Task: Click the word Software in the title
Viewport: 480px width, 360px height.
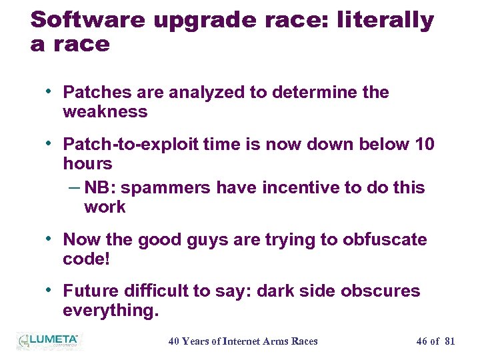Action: point(88,20)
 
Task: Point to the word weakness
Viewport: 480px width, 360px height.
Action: point(105,112)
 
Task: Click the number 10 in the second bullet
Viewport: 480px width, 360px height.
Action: point(424,144)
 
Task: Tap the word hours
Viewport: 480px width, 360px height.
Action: point(87,163)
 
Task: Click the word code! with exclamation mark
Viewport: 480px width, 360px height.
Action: point(86,259)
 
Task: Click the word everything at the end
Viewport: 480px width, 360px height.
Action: point(109,311)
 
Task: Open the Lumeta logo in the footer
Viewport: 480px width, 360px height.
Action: point(48,341)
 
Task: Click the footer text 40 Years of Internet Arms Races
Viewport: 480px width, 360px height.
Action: point(243,341)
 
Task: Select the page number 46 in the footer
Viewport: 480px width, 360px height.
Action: point(421,341)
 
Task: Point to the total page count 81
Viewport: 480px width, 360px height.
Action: point(449,341)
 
